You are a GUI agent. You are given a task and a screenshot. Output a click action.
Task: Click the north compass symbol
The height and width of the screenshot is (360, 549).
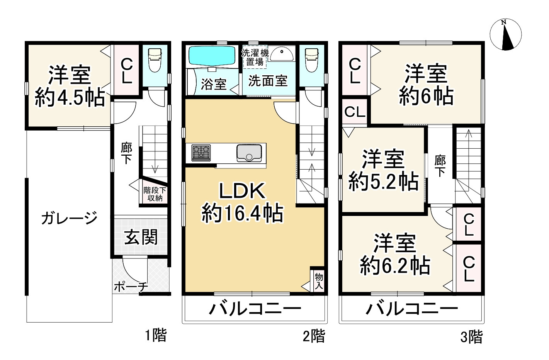pos(505,34)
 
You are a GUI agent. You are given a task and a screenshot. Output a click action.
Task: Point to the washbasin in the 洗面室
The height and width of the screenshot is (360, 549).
pos(282,54)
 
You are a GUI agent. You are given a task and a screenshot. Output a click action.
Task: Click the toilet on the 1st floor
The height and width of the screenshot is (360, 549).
pos(155,59)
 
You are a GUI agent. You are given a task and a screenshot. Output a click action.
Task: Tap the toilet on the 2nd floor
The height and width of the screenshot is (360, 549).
pos(311,59)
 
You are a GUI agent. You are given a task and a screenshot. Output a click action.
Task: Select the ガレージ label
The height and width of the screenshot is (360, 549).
pos(69,219)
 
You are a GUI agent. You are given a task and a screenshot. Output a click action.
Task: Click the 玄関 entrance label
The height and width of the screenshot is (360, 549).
pos(141,237)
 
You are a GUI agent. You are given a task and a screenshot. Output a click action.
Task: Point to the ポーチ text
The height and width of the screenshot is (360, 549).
pos(131,287)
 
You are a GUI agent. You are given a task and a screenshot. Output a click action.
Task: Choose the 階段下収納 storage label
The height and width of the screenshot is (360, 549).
pos(155,194)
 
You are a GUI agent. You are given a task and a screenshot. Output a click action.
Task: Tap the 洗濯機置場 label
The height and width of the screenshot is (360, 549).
pos(255,57)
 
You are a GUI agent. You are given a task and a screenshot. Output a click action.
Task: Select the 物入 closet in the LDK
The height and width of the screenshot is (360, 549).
pos(318,281)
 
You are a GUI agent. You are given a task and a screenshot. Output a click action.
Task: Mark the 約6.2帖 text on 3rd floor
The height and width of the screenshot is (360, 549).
pos(395,266)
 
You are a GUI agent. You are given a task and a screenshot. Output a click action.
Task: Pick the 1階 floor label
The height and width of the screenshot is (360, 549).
pos(156,335)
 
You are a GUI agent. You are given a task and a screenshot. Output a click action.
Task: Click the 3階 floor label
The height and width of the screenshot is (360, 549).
pos(471,337)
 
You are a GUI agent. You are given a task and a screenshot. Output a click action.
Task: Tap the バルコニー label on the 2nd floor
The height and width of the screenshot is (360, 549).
pos(255,309)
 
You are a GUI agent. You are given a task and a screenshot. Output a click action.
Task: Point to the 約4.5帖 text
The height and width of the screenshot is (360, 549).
pos(70,98)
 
